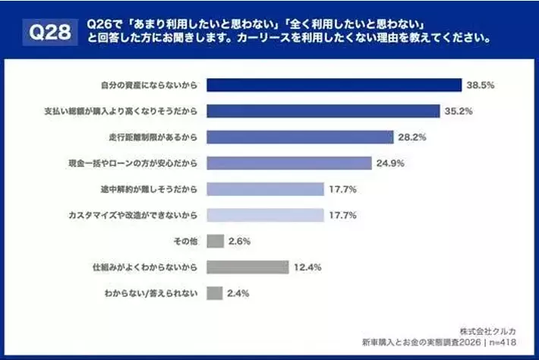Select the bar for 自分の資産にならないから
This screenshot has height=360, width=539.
tap(334, 85)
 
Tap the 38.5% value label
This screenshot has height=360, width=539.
tap(480, 85)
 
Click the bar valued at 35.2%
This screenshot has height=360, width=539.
tap(323, 111)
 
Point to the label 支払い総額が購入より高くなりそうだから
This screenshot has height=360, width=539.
tap(121, 111)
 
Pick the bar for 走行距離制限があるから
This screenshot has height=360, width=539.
tap(300, 137)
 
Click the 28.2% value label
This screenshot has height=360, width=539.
tap(411, 137)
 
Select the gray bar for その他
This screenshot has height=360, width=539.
tap(215, 242)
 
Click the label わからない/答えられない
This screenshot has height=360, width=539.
tap(147, 293)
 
